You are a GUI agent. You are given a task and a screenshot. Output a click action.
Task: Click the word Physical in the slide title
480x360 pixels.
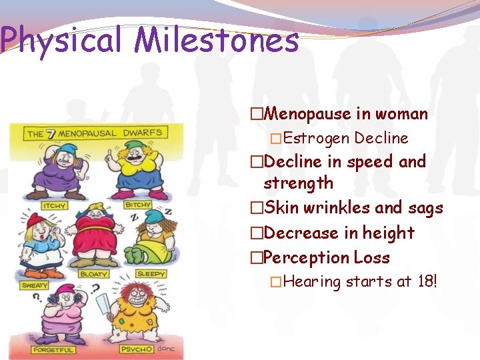click(61, 41)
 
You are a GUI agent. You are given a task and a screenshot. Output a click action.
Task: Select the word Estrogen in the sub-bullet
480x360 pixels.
click(317, 139)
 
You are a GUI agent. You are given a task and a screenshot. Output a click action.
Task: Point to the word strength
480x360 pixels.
click(298, 183)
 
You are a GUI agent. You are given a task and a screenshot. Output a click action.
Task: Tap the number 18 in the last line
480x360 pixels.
click(424, 282)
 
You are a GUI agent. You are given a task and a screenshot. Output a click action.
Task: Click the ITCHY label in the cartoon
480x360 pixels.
click(55, 206)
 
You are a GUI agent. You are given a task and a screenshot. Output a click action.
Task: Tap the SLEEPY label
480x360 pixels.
click(151, 274)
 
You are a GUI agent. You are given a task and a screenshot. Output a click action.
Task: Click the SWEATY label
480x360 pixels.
click(35, 285)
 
